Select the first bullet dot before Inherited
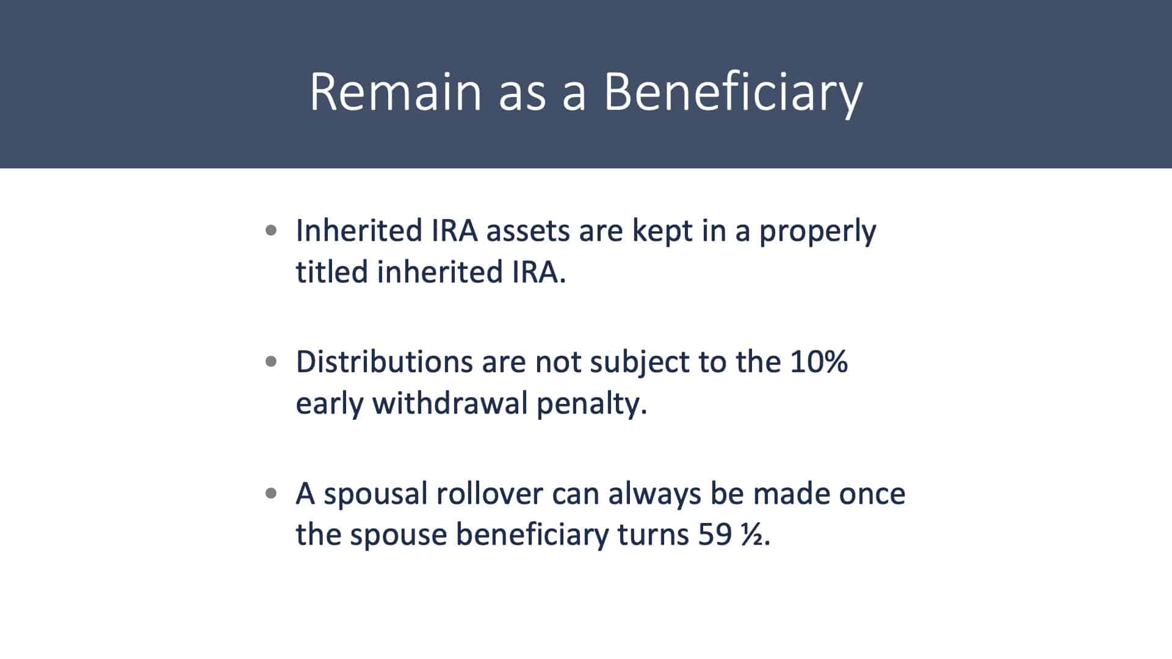[x=272, y=231]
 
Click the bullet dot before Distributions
[x=272, y=362]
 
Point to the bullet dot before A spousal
[x=272, y=493]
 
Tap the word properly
[x=817, y=232]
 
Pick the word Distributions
[x=385, y=362]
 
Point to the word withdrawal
[x=450, y=403]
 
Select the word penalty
[x=591, y=405]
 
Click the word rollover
[x=489, y=493]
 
